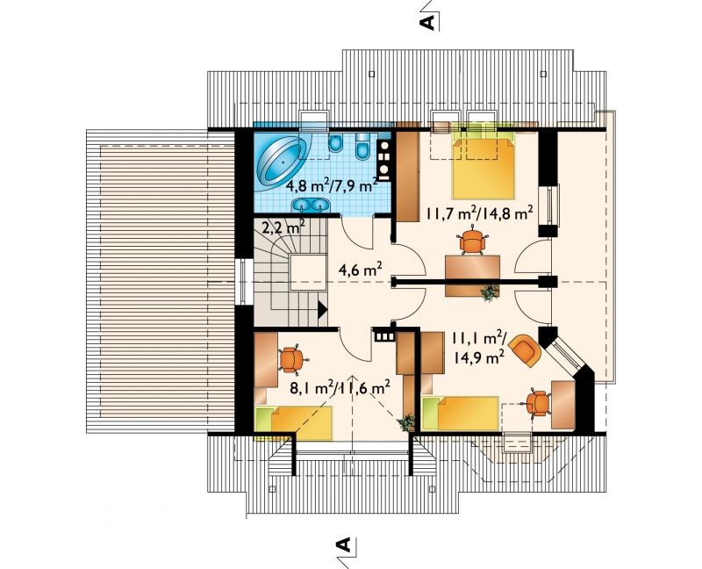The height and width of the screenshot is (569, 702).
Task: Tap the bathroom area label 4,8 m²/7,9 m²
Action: [331, 184]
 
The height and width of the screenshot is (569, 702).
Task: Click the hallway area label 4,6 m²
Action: [360, 270]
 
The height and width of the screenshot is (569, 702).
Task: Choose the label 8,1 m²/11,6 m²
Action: [339, 387]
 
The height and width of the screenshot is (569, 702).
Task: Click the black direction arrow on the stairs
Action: [322, 309]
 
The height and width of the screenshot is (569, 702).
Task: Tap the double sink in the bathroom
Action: [312, 205]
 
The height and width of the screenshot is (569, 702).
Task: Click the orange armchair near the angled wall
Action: [525, 349]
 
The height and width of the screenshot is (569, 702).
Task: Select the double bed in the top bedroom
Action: [484, 167]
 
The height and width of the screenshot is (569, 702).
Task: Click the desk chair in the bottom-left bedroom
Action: [290, 359]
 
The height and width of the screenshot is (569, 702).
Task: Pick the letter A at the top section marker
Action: [428, 21]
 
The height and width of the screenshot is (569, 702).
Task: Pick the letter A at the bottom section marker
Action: [342, 544]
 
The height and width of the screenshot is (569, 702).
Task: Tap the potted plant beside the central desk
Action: [489, 292]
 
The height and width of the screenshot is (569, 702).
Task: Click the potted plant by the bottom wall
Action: [407, 422]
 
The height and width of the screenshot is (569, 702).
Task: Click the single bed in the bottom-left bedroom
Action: [294, 423]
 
